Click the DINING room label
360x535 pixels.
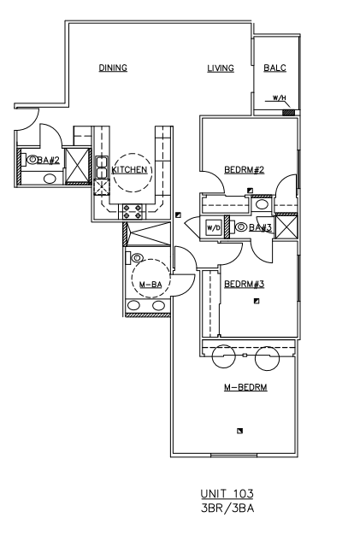113,69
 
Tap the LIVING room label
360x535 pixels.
220,69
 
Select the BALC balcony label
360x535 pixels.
274,69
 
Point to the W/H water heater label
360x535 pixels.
279,99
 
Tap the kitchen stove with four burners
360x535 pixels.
133,210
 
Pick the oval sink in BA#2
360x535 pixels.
50,179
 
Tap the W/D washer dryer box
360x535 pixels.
213,228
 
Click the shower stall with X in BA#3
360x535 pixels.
287,227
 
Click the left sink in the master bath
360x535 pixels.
133,306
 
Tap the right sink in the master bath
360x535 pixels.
158,306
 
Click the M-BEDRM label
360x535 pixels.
246,387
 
